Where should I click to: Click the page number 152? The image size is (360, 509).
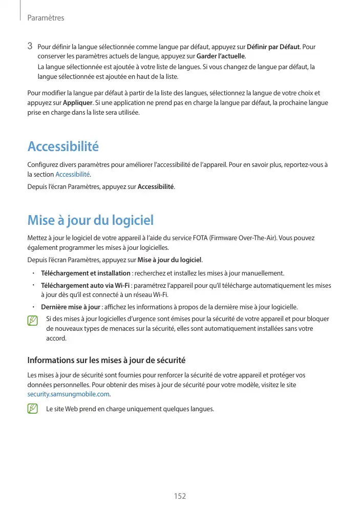tap(180, 496)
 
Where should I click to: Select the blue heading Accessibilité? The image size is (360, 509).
tap(63, 147)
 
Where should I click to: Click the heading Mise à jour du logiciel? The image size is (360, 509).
tap(90, 221)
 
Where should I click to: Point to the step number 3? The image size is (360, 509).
tap(30, 47)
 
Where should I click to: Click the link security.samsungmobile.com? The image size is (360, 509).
tap(68, 394)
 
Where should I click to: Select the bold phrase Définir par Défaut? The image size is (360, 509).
tap(273, 48)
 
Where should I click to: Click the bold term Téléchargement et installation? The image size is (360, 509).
tap(86, 273)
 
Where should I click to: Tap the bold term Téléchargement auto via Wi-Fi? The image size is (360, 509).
tap(85, 285)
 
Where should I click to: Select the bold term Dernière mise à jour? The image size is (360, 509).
tap(70, 307)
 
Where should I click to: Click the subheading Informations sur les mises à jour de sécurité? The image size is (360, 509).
tap(106, 360)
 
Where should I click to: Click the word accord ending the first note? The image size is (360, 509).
tap(56, 338)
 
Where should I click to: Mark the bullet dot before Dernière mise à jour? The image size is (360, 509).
tap(32, 307)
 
